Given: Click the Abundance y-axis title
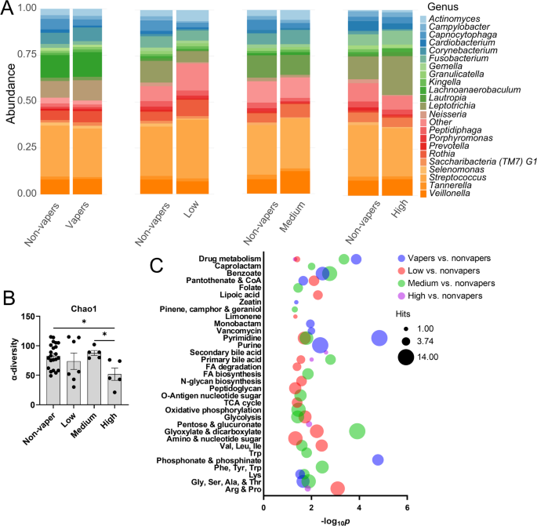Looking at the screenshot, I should (x=10, y=100).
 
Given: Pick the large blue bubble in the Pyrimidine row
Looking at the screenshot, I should (x=379, y=338).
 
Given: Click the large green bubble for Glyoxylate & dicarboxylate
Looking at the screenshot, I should (x=357, y=431).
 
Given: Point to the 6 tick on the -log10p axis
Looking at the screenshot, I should (x=407, y=507).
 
